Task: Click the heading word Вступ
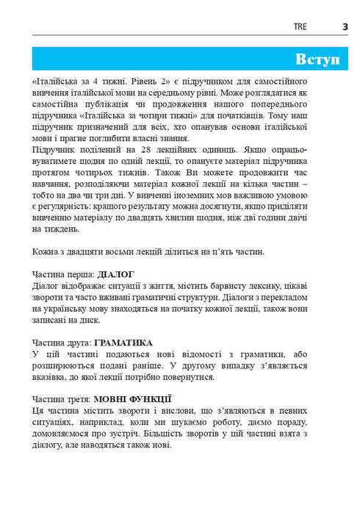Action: click(x=317, y=59)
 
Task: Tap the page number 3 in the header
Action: click(x=345, y=26)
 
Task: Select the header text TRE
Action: click(x=300, y=26)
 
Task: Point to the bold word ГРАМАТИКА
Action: click(x=123, y=342)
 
